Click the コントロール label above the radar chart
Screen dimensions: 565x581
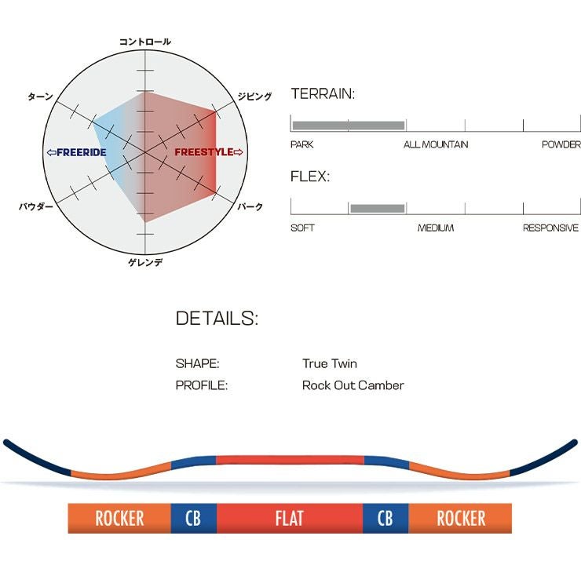(144, 42)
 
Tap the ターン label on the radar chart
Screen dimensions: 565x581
(40, 97)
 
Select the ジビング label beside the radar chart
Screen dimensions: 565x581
(254, 97)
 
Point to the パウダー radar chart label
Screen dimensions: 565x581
(36, 206)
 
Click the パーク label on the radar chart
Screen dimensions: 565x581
(250, 206)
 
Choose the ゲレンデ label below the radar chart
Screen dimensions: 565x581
(145, 262)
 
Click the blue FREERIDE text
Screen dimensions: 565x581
(76, 152)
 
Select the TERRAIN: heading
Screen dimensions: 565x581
(323, 94)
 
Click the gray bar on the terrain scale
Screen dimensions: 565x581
(348, 125)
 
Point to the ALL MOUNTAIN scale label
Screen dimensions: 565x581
(436, 144)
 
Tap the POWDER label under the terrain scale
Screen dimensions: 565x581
(561, 144)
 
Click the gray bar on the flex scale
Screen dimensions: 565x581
(378, 208)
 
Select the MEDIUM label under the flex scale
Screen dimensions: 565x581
(435, 228)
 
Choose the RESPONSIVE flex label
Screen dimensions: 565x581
(550, 228)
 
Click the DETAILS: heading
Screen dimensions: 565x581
(217, 319)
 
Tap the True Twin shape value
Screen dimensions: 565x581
(329, 364)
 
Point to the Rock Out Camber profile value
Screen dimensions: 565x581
(353, 385)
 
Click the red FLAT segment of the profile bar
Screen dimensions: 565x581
(289, 519)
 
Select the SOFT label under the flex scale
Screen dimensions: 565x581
(302, 228)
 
